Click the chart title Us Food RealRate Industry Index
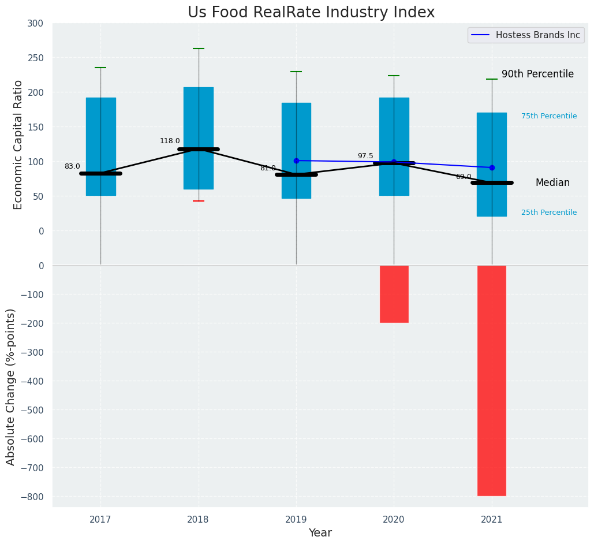(x=311, y=13)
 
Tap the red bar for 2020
(x=394, y=294)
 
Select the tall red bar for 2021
(x=492, y=381)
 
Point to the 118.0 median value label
(x=170, y=141)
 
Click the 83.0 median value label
(x=72, y=166)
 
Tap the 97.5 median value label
(x=365, y=156)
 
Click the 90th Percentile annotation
(x=537, y=74)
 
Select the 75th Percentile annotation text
(x=549, y=116)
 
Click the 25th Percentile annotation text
(x=549, y=213)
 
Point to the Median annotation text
(x=552, y=183)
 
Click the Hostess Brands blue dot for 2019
(x=296, y=161)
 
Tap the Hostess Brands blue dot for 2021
(x=492, y=167)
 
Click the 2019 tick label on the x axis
(x=296, y=520)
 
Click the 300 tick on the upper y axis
(x=35, y=23)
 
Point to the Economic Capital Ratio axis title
(x=18, y=144)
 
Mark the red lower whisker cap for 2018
(x=199, y=201)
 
